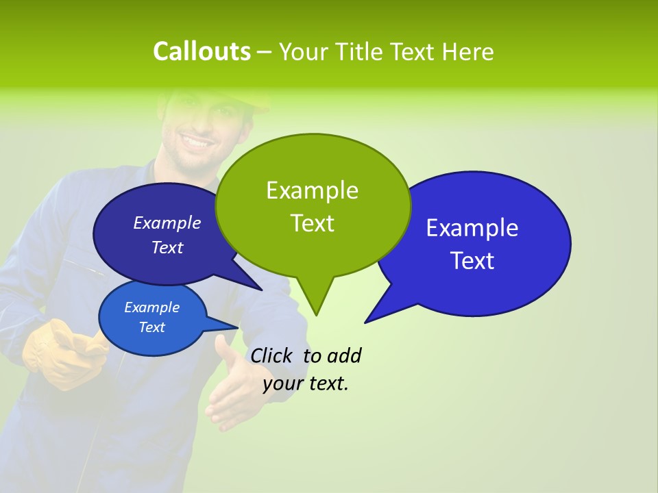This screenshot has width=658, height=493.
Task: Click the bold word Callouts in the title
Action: (202, 51)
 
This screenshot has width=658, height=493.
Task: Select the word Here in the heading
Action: (468, 52)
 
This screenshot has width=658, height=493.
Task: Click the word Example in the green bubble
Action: (312, 190)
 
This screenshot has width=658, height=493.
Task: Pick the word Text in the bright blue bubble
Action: (472, 260)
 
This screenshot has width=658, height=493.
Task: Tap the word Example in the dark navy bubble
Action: (167, 223)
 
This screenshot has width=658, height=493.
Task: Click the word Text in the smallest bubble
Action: (151, 327)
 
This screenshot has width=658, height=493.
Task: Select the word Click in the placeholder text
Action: (271, 355)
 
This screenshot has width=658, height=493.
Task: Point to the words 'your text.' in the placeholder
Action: (306, 383)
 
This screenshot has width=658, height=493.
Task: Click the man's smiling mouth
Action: (197, 143)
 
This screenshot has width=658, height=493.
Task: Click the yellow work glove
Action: (62, 353)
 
